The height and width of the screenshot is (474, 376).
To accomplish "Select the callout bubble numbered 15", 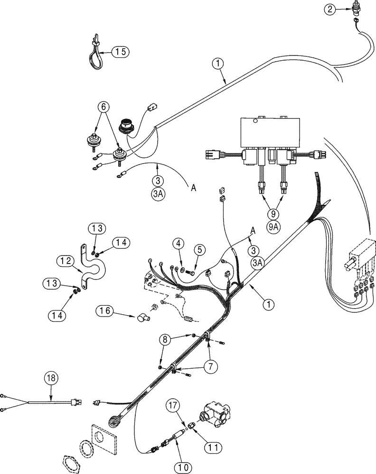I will click(x=120, y=52).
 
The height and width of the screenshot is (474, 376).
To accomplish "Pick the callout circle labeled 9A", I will click(x=273, y=227).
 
